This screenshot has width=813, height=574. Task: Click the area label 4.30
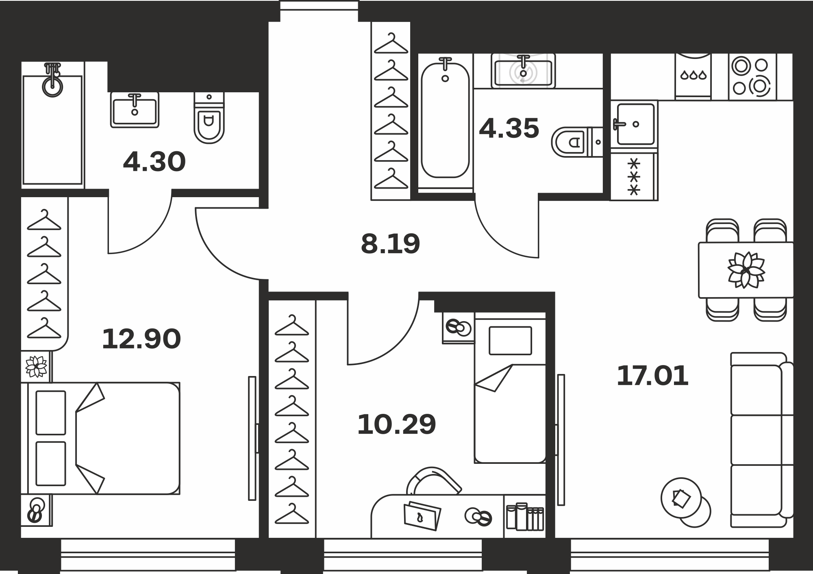[154, 162]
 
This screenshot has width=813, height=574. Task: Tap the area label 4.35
[509, 128]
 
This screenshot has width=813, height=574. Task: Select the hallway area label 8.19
[390, 244]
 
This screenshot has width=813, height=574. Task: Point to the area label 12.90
[141, 339]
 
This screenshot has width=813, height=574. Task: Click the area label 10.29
[396, 424]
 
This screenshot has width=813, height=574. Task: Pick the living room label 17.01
[652, 376]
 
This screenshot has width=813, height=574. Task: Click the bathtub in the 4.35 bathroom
[445, 120]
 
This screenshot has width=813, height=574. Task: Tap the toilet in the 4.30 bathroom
[209, 118]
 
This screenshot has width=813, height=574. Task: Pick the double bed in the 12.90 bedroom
[104, 438]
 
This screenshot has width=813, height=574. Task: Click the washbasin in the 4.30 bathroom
[135, 110]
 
